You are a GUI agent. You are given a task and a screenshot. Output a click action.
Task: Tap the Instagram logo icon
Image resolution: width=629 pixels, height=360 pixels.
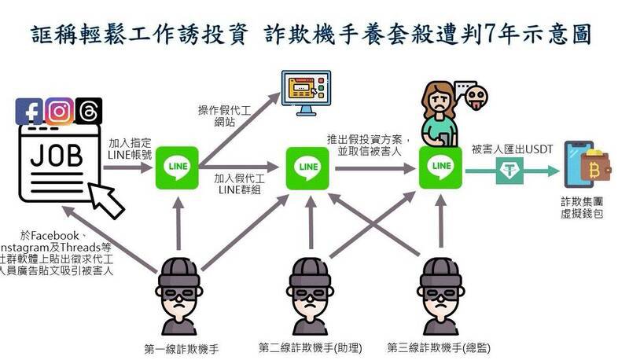pos(60,111)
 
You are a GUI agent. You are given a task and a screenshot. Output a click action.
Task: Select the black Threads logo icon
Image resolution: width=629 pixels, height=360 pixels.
pos(85,111)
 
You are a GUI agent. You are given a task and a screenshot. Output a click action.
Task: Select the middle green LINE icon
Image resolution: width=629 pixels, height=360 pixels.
pos(307,167)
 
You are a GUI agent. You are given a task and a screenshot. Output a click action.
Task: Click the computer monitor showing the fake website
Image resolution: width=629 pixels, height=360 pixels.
pos(307,93)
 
